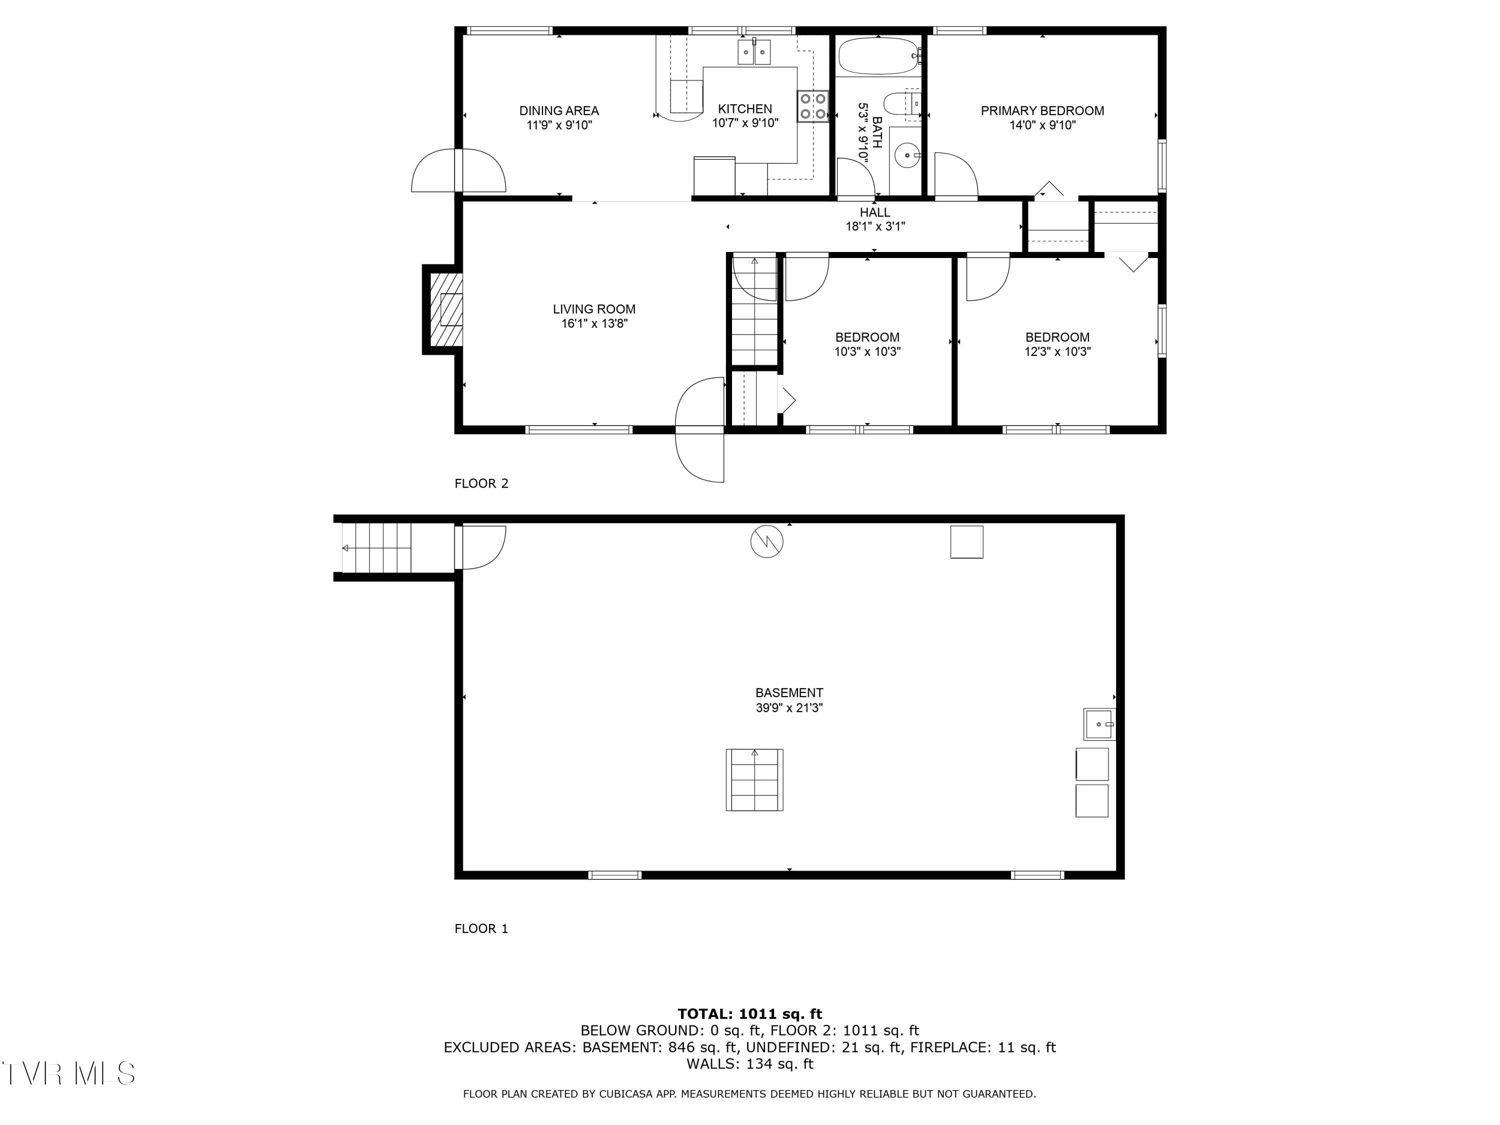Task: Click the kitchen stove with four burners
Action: click(x=812, y=106)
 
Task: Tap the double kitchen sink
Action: click(x=754, y=52)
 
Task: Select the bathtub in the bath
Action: click(x=878, y=55)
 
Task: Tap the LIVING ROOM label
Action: click(x=594, y=309)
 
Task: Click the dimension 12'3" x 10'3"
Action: click(x=1057, y=352)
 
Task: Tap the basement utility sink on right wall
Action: click(x=1098, y=724)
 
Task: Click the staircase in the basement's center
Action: click(x=754, y=780)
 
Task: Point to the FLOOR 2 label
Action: click(x=481, y=483)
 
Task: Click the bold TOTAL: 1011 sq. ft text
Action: click(x=749, y=1014)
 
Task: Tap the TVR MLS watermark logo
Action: click(x=68, y=1073)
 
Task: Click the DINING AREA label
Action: click(x=559, y=110)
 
